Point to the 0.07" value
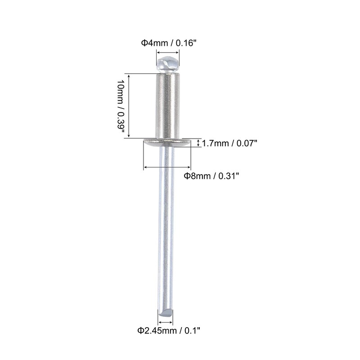[x=246, y=143]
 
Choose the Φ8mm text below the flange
[x=197, y=176]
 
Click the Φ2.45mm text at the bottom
[x=156, y=331]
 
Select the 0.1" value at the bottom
[x=191, y=331]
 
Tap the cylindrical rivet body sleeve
[x=167, y=106]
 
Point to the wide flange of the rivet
[x=167, y=143]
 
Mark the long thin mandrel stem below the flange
[x=166, y=225]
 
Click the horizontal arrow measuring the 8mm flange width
[x=167, y=167]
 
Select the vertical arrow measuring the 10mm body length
[x=129, y=106]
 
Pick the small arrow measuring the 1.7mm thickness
[x=199, y=143]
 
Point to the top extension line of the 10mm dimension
[x=139, y=73]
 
